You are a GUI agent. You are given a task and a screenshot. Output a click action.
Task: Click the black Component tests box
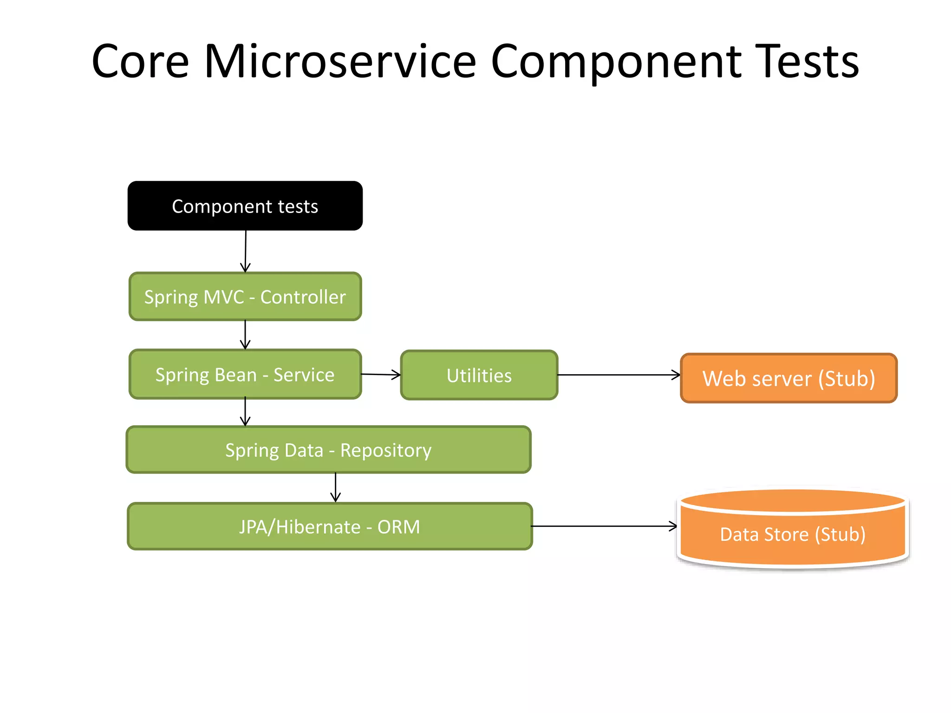click(x=245, y=206)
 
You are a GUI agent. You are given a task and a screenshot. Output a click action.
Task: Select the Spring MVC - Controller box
click(x=245, y=297)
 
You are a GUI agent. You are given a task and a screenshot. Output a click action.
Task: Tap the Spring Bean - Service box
click(x=245, y=374)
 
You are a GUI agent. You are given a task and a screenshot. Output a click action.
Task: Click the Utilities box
click(x=479, y=375)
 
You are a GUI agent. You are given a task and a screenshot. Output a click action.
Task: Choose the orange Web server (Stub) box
click(x=788, y=378)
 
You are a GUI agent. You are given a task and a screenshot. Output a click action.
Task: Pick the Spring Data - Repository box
click(x=328, y=450)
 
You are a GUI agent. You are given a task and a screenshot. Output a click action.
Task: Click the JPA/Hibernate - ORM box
click(x=329, y=526)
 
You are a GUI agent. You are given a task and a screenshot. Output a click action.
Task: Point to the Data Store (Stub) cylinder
click(x=792, y=534)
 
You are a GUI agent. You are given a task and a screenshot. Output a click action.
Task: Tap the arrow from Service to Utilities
click(x=380, y=374)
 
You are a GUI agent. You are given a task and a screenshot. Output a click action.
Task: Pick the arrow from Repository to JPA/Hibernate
click(x=335, y=487)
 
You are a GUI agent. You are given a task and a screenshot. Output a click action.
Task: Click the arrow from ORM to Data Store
click(x=604, y=526)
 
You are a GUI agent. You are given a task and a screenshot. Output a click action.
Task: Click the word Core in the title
click(x=140, y=61)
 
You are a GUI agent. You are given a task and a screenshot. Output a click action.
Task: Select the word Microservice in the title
click(x=340, y=61)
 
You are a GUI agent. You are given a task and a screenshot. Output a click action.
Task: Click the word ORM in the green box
click(x=398, y=527)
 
